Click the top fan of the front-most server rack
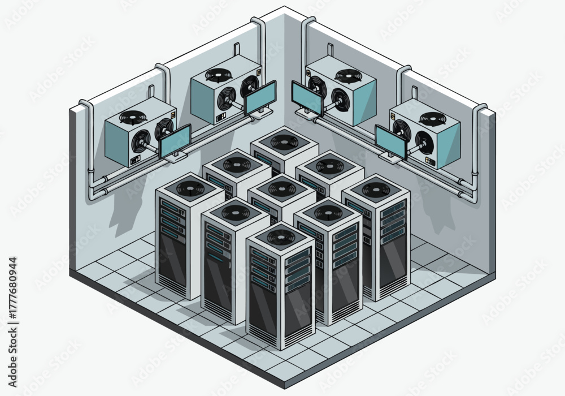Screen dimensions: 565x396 pos(281,237)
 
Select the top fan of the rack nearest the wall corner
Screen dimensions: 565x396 pos(285,139)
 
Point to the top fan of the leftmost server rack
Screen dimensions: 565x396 pos(190,188)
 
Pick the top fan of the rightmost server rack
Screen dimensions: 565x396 pos(376,189)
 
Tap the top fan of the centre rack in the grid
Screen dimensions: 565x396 pos(282,188)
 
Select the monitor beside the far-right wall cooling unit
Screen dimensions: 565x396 pos(391,142)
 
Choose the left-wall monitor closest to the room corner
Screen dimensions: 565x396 pos(260,97)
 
